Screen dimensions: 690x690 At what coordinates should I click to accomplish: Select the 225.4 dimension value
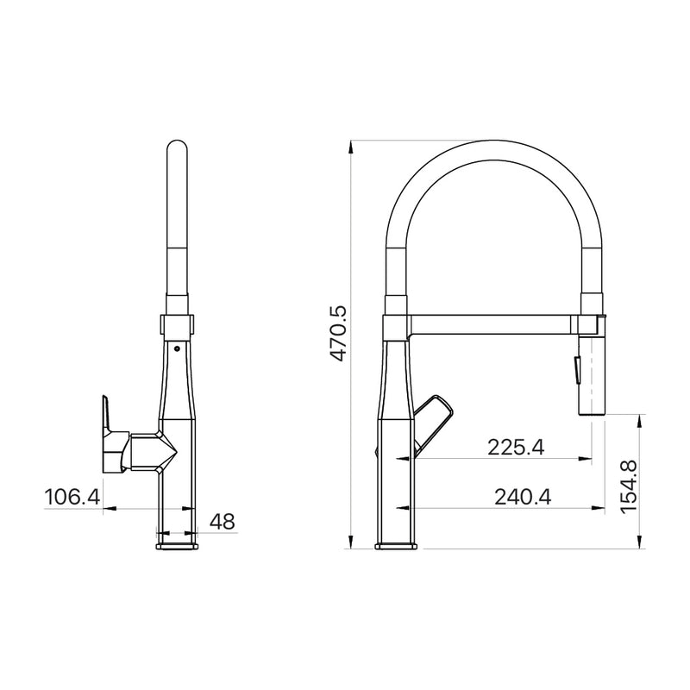[x=516, y=448]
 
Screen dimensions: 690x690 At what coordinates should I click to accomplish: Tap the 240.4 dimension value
[x=523, y=498]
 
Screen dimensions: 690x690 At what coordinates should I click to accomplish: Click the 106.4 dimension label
[x=72, y=498]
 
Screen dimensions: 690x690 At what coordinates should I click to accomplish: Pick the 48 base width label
[x=223, y=523]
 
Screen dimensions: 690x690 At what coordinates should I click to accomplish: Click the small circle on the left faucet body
[x=177, y=349]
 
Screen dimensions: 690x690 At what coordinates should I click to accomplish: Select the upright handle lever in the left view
[x=106, y=413]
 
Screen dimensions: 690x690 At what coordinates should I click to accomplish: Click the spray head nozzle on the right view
[x=591, y=376]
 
